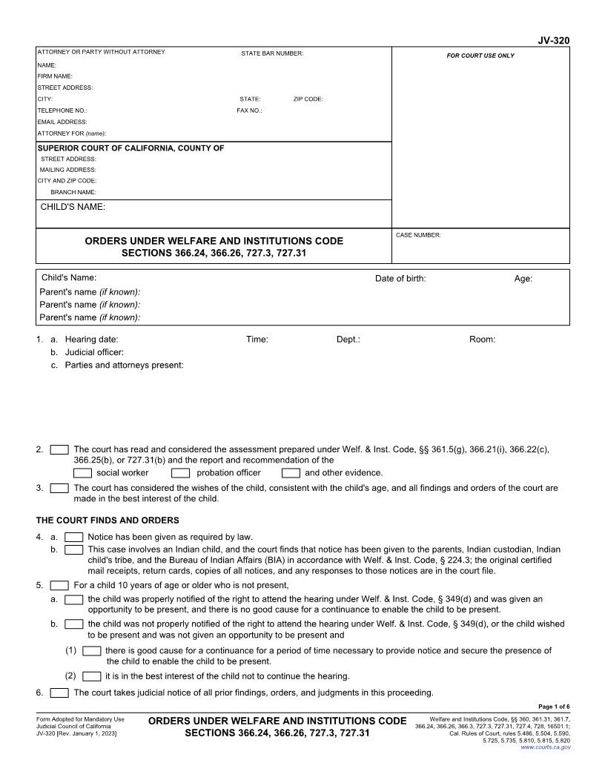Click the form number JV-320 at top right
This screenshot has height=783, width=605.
tap(554, 42)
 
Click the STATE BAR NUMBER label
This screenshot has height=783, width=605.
tap(272, 53)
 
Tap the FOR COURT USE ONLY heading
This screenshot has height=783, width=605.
tap(480, 56)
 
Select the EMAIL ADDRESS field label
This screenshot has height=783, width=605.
tap(62, 122)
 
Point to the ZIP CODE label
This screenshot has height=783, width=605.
tap(308, 99)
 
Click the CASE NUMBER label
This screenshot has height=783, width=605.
tap(419, 235)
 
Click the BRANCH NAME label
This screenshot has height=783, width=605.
tap(73, 192)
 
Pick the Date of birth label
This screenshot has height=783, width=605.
tap(400, 279)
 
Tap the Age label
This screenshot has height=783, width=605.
tap(523, 279)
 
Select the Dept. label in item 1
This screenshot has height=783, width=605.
tap(348, 340)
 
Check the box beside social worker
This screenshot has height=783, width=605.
tap(83, 473)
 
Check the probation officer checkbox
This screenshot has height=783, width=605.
tap(181, 473)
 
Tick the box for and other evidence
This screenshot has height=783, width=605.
tap(291, 473)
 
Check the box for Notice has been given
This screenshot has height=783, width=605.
tap(74, 537)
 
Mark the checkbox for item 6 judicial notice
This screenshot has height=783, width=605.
tap(59, 693)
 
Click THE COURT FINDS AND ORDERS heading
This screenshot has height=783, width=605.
tap(108, 520)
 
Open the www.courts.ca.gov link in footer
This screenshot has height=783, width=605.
tap(546, 747)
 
